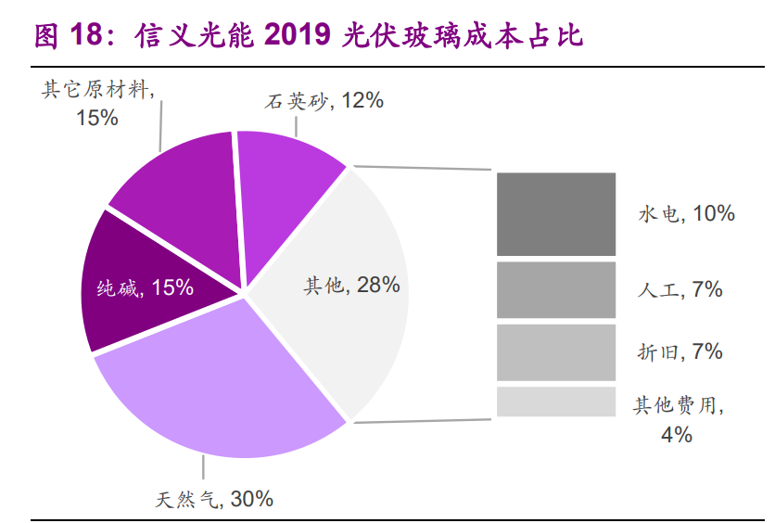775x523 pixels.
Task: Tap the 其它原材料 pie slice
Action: point(176,185)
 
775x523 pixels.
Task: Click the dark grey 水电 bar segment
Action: point(555,214)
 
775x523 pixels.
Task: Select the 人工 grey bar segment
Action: point(555,290)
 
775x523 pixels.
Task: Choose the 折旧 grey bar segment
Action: point(555,352)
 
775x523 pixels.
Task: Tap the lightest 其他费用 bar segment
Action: point(555,402)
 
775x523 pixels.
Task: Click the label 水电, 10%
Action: point(686,214)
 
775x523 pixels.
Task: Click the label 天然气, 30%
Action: point(214,500)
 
